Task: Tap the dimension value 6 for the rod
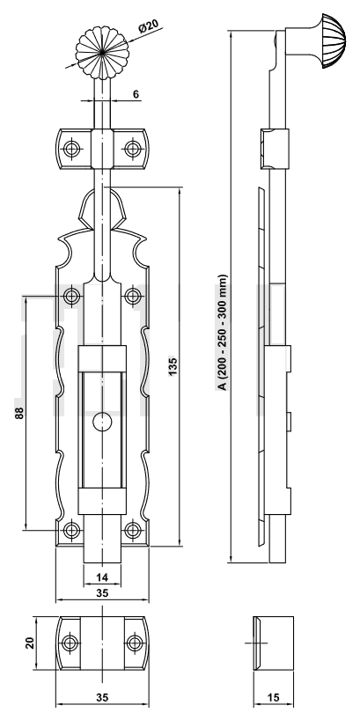click(136, 94)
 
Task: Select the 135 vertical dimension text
click(173, 366)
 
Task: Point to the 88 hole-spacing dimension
click(18, 413)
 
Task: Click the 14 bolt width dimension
click(102, 577)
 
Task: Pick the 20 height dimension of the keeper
click(30, 643)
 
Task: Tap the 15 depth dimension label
click(273, 697)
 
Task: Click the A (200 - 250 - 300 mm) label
click(223, 333)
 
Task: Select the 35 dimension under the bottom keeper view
click(102, 697)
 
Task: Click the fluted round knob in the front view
click(102, 52)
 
